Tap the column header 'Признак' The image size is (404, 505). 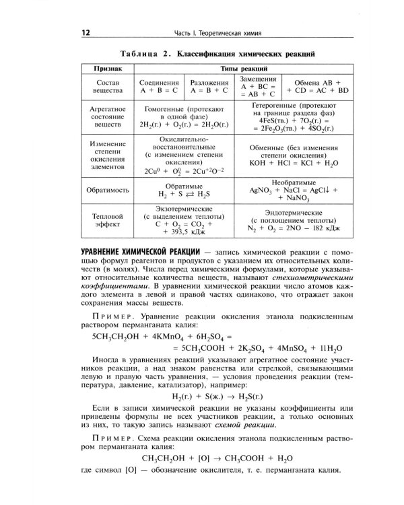tap(105, 69)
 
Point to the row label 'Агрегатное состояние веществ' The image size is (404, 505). tap(105, 116)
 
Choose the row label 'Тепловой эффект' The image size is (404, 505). tap(106, 222)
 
